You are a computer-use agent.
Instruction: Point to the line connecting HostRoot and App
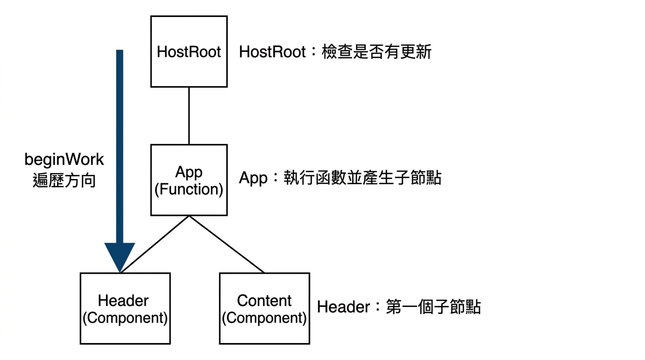click(189, 116)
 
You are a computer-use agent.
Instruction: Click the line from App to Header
click(155, 244)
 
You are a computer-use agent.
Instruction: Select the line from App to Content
click(226, 244)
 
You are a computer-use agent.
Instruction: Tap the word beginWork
click(64, 160)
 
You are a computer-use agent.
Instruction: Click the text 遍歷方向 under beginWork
click(64, 180)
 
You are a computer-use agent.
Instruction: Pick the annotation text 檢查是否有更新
click(376, 52)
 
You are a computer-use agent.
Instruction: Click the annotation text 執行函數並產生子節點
click(362, 178)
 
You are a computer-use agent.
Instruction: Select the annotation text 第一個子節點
click(433, 307)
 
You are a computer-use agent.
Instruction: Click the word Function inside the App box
click(189, 189)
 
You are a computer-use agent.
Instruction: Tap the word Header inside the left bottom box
click(123, 300)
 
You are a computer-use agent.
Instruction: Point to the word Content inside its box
click(264, 300)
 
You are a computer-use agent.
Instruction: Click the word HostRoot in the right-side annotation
click(272, 52)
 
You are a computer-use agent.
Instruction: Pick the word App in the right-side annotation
click(253, 178)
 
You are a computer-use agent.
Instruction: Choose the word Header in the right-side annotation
click(343, 307)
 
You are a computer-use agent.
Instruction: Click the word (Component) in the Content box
click(264, 318)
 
